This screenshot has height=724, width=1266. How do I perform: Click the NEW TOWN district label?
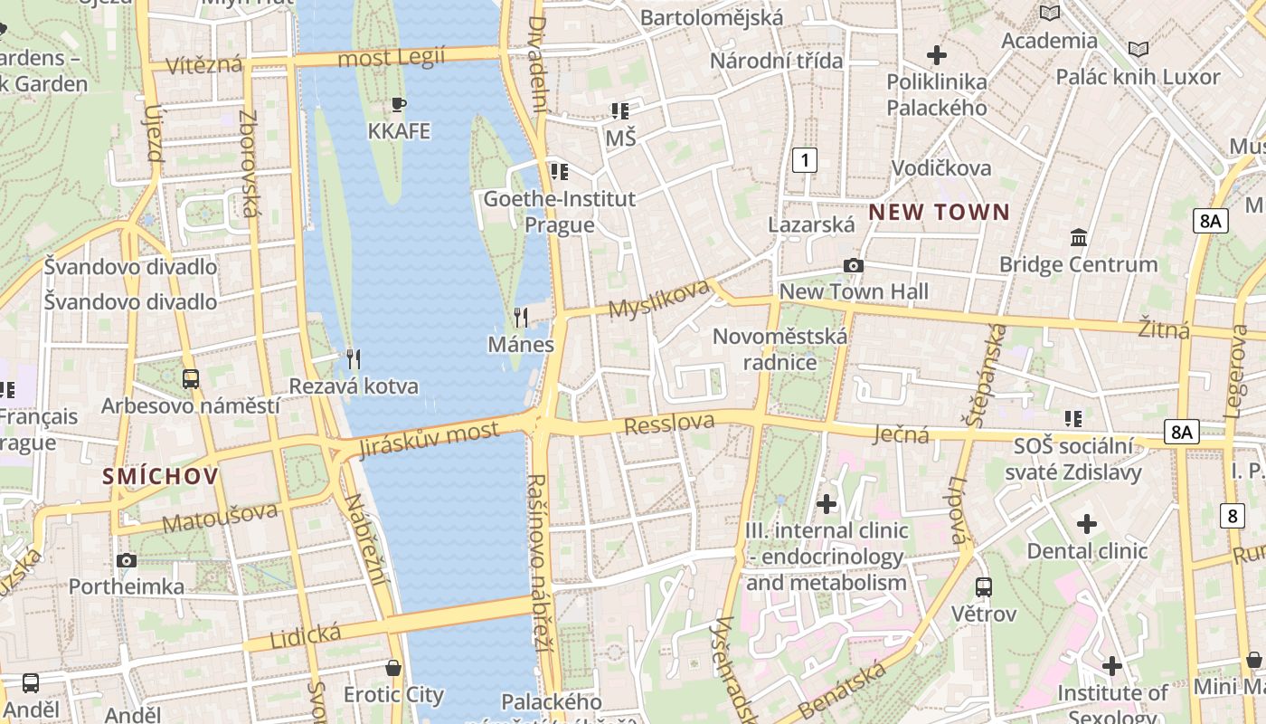940,213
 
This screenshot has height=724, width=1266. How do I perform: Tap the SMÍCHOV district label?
160,476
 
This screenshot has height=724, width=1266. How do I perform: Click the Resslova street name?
669,423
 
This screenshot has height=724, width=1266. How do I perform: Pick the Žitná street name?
1164,329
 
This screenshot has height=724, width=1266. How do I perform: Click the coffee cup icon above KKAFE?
399,104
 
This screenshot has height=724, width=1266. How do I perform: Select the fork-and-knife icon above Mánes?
521,317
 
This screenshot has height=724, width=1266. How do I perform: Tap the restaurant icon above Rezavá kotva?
354,359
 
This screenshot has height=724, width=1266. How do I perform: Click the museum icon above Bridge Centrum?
1079,237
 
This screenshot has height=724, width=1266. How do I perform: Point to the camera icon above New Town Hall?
853,265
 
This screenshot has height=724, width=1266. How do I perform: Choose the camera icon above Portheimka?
127,560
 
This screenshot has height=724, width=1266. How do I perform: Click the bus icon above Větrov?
984,586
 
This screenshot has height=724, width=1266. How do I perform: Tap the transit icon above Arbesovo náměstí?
190,378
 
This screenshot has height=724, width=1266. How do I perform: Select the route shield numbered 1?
804,161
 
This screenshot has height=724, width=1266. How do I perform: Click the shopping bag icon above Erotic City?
393,668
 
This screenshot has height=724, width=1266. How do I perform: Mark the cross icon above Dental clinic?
1087,524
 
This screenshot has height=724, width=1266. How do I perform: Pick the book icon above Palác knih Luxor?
1138,49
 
